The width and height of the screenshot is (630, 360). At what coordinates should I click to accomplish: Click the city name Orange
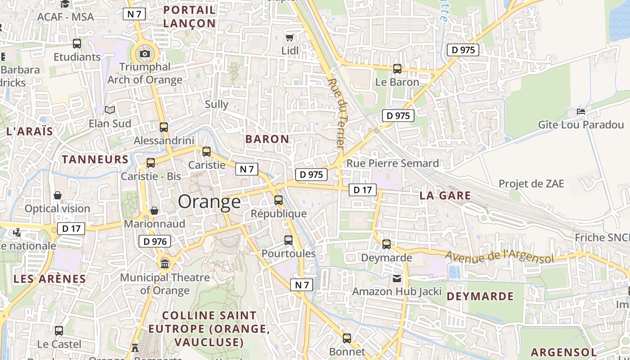click(x=209, y=202)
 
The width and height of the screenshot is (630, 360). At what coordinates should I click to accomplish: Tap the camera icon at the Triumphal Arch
click(x=145, y=54)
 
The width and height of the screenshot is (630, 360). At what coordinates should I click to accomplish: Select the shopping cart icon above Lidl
click(x=290, y=37)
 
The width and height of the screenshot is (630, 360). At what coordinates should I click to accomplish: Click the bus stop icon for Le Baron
click(x=397, y=69)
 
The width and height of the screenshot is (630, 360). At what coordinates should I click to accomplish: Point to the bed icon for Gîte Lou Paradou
click(x=581, y=111)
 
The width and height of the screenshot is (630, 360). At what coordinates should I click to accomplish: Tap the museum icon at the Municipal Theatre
click(x=165, y=263)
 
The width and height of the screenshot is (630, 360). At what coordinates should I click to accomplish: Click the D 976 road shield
click(x=155, y=242)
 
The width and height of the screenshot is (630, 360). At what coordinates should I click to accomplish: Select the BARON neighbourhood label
click(x=267, y=139)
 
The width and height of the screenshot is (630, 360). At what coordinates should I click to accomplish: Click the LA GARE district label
click(x=445, y=196)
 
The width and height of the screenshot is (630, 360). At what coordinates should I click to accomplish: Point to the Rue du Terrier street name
click(x=337, y=114)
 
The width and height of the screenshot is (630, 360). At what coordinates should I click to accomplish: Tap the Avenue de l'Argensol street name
click(x=499, y=257)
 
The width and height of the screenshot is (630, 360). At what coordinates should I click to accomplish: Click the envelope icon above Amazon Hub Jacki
click(x=397, y=279)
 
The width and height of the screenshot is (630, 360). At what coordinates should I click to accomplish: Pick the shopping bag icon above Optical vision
click(x=58, y=196)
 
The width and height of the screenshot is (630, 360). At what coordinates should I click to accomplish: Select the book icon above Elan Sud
click(x=110, y=110)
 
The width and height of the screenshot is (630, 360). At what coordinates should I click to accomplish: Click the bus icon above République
click(x=279, y=200)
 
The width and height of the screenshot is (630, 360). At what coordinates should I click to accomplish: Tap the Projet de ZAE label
click(x=531, y=184)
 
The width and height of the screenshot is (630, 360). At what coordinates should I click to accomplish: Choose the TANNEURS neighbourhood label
click(x=95, y=159)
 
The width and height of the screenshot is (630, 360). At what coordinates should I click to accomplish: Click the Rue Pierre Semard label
click(x=392, y=163)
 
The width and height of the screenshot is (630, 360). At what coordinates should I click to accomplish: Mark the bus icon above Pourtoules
click(x=288, y=240)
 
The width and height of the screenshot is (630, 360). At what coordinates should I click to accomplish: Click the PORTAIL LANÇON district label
click(x=189, y=16)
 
